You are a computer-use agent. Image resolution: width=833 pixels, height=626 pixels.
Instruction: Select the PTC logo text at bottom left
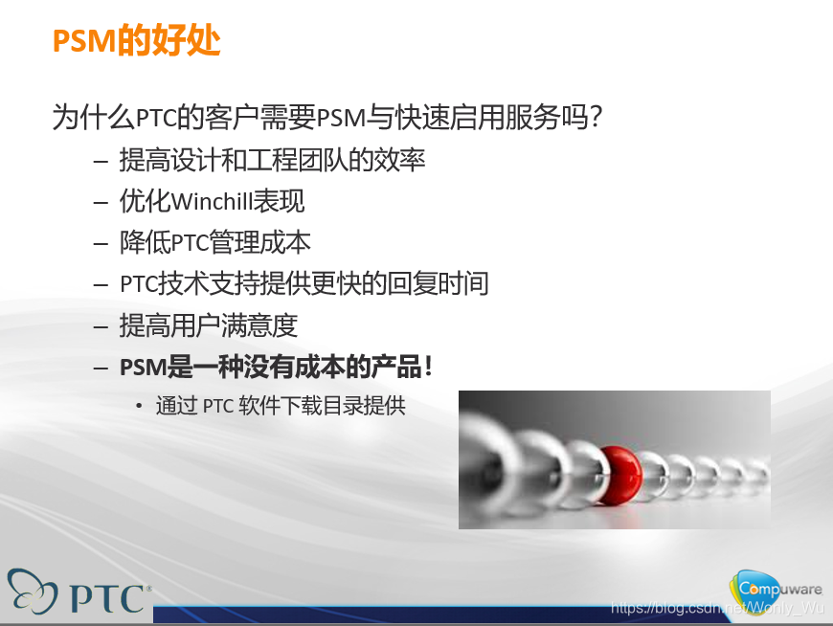pos(108,597)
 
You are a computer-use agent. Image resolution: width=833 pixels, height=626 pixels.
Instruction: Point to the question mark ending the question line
pos(595,119)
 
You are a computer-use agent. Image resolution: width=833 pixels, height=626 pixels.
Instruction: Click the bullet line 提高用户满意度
pos(208,325)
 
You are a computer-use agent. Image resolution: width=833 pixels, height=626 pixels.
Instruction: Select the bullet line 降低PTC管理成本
pos(214,243)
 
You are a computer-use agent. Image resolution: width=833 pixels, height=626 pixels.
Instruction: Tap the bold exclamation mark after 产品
pos(428,367)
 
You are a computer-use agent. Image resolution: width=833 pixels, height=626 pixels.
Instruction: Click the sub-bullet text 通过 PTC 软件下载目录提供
pos(281,406)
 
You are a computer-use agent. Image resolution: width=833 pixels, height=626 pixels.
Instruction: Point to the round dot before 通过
pos(140,407)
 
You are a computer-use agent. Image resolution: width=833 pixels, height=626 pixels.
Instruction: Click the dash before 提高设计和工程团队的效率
pos(101,161)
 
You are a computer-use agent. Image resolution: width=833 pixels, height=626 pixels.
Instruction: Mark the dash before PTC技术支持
pos(101,284)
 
